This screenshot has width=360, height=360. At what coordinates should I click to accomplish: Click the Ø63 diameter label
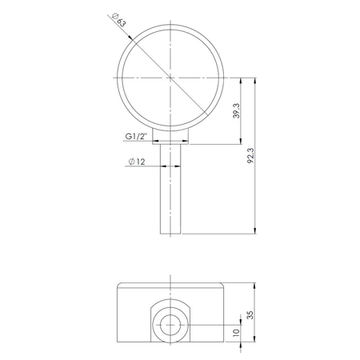pos(119,19)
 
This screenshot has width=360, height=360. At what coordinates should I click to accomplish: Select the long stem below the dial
pos(171,192)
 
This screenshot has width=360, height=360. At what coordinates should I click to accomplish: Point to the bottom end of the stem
pos(171,233)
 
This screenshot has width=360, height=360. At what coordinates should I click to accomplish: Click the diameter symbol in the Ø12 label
pos(130,162)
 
